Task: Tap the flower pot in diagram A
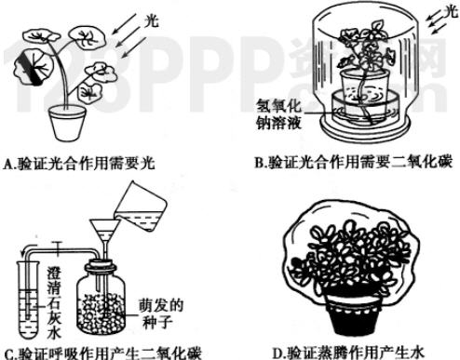[x=67, y=122]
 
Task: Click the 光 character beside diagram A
[x=152, y=21]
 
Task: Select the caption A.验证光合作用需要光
[x=79, y=164]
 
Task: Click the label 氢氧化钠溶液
[x=278, y=114]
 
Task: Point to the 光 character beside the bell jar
[x=451, y=11]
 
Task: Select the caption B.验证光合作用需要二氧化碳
[x=353, y=163]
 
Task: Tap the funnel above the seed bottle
[x=104, y=235]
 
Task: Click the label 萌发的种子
[x=161, y=314]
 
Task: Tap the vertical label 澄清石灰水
[x=54, y=303]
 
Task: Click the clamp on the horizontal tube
[x=58, y=249]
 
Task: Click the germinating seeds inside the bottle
[x=101, y=313]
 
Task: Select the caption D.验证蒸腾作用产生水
[x=348, y=353]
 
